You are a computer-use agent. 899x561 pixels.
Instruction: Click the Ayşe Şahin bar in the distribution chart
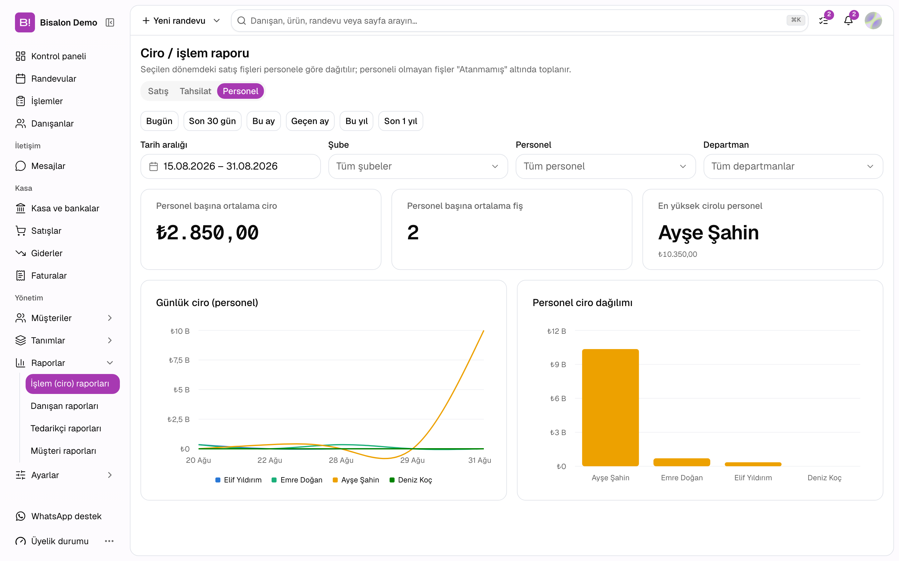610,407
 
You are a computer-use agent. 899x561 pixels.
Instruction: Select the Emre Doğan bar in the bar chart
682,462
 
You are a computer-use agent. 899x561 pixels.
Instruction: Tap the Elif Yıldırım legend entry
238,480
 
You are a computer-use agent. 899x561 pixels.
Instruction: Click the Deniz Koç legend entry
410,480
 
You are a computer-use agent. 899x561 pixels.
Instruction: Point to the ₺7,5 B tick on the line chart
179,360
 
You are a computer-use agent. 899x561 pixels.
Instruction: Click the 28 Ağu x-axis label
341,460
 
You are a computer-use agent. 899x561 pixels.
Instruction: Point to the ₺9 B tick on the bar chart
558,364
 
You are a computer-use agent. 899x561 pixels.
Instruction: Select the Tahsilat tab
195,91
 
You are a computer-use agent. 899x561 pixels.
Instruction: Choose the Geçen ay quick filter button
310,121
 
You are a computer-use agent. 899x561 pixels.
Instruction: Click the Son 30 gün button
212,121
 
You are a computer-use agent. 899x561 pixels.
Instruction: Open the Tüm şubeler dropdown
418,166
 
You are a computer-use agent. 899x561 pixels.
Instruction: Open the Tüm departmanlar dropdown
793,166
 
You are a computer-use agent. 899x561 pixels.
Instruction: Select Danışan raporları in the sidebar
65,405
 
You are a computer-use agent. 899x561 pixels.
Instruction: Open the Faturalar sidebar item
49,275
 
